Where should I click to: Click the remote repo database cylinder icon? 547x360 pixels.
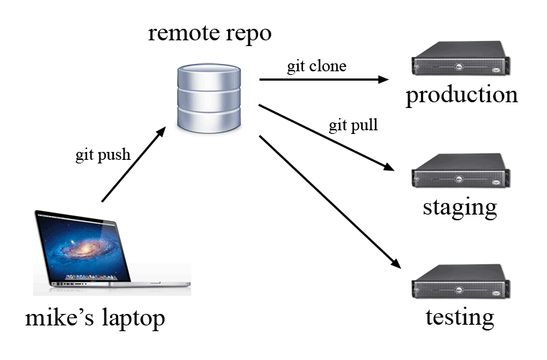(x=208, y=98)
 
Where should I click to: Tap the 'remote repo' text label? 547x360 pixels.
(x=209, y=33)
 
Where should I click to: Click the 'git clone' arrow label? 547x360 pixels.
(x=317, y=67)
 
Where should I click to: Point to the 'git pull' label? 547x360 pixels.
(x=353, y=125)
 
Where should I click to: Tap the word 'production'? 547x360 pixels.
(x=461, y=96)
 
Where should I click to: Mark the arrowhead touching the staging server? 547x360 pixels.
(x=389, y=168)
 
